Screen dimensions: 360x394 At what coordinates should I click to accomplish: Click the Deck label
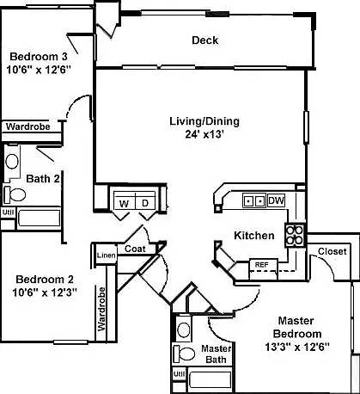(204, 40)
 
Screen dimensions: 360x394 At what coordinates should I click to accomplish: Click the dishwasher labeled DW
(277, 200)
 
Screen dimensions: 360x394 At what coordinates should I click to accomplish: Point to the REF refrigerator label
(261, 265)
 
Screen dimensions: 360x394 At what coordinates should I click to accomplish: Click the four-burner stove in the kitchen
(295, 235)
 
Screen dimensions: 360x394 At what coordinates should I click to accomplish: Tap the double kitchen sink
(253, 200)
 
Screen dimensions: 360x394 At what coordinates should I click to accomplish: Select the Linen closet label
(106, 255)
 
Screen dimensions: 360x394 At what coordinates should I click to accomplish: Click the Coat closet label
(135, 249)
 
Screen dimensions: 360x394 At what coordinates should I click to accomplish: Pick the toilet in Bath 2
(15, 194)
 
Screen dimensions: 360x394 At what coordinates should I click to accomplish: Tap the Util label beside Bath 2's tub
(9, 212)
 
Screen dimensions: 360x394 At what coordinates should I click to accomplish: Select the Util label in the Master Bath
(180, 373)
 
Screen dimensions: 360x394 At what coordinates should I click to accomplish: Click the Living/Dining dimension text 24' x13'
(204, 134)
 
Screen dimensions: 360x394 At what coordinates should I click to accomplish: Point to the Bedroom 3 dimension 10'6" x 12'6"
(39, 70)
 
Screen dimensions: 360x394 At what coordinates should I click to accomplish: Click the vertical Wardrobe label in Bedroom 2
(101, 309)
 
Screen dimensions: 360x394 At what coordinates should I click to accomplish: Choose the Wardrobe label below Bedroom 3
(28, 126)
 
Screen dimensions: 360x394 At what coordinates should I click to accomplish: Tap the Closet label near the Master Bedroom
(333, 251)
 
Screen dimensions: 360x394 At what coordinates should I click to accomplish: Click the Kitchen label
(254, 236)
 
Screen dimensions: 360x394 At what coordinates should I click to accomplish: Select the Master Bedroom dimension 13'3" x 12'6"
(297, 347)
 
